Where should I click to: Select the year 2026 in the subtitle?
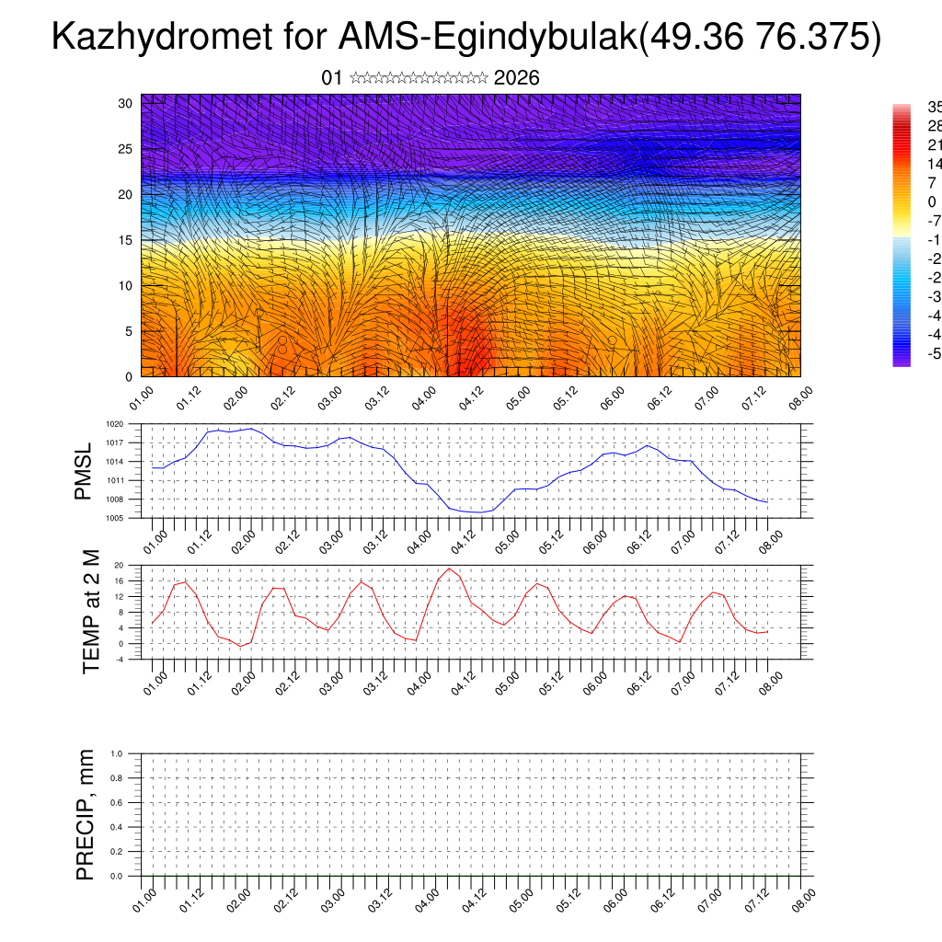tap(516, 78)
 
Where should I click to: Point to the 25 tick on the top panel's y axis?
tap(126, 149)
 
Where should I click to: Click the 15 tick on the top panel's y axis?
tap(126, 240)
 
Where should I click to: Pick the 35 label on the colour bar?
tap(933, 107)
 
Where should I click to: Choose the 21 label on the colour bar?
tap(933, 145)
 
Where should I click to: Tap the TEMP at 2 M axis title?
tap(90, 611)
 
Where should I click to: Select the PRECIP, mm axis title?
tap(86, 814)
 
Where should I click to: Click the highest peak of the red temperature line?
tap(449, 568)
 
